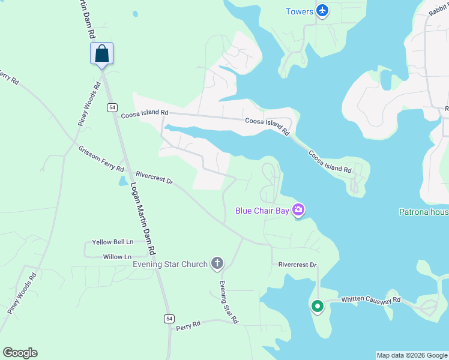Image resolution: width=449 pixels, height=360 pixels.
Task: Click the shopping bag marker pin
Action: tap(102, 53)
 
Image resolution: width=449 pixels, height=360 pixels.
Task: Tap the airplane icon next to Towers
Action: tap(323, 11)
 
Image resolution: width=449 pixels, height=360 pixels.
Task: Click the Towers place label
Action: tap(300, 11)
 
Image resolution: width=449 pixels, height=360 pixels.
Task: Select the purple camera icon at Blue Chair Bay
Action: tap(298, 209)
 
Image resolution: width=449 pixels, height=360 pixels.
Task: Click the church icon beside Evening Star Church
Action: tap(217, 263)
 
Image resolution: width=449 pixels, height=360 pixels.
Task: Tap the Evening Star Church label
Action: tap(170, 263)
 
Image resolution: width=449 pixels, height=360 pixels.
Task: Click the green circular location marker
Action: tap(317, 306)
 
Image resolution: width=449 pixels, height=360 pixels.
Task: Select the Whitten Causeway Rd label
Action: tap(370, 299)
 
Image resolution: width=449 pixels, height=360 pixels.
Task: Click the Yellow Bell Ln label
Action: tap(112, 242)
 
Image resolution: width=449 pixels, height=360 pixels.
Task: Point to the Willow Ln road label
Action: tap(117, 257)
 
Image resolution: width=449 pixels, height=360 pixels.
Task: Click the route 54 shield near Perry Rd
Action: tap(169, 318)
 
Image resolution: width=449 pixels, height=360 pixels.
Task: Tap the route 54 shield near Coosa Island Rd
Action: tap(112, 107)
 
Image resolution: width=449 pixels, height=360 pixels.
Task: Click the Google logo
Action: tap(20, 353)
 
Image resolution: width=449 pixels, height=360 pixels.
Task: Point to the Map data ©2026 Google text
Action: tap(412, 355)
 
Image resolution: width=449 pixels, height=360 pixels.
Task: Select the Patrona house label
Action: tap(424, 211)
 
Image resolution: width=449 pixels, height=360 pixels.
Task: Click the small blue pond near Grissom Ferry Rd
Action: tap(123, 181)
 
